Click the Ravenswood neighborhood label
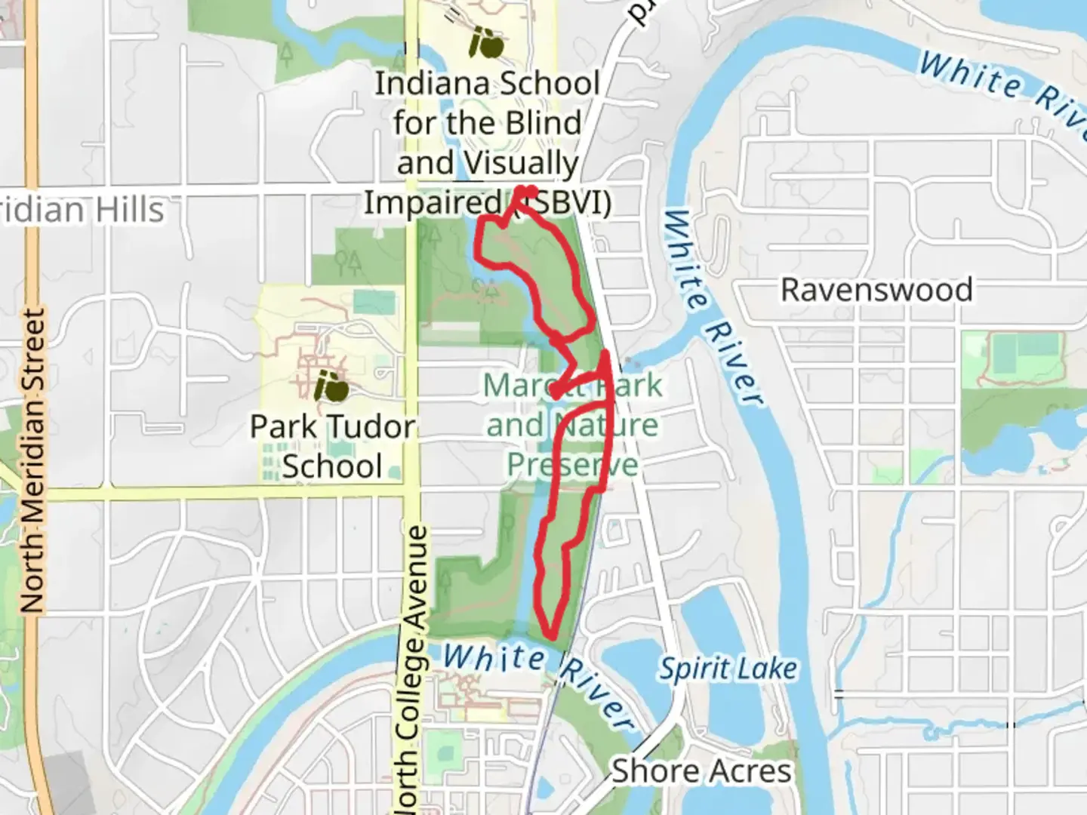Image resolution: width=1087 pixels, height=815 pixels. (x=876, y=290)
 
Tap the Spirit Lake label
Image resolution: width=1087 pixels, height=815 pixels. (x=728, y=669)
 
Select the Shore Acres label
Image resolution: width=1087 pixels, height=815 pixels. (x=701, y=770)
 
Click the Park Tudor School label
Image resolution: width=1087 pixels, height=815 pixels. (x=332, y=446)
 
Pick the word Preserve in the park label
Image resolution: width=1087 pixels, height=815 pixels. (x=572, y=465)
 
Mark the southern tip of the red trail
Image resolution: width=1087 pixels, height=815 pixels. (x=553, y=636)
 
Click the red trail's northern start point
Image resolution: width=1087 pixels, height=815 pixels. (x=525, y=191)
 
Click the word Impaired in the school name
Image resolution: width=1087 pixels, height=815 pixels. (x=433, y=202)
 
